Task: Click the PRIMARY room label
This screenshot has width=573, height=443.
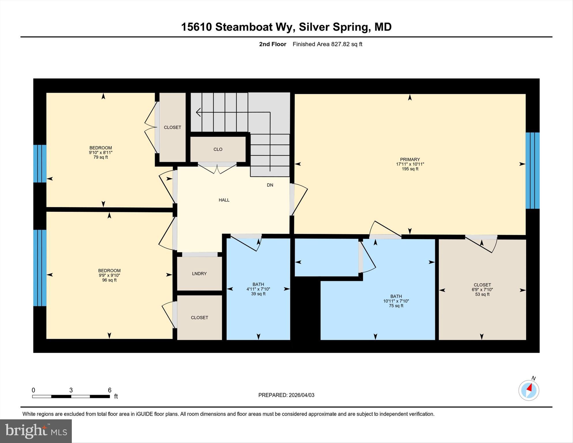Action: tap(410, 159)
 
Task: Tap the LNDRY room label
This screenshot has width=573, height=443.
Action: tap(199, 274)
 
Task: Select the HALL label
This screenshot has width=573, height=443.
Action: tap(224, 200)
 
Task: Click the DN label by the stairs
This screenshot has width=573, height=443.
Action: tap(270, 185)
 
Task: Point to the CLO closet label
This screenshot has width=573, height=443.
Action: tap(218, 149)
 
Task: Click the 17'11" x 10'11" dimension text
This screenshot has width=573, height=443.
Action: tap(410, 164)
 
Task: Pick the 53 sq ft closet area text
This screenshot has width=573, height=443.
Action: tap(482, 294)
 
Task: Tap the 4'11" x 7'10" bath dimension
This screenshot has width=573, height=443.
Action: tap(258, 289)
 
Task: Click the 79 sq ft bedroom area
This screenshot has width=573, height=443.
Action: tap(101, 157)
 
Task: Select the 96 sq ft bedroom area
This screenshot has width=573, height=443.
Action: tap(109, 280)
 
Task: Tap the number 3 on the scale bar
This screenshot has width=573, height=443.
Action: tap(71, 390)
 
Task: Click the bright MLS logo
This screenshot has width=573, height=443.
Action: tap(36, 431)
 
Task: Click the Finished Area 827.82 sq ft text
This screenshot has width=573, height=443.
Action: tap(327, 44)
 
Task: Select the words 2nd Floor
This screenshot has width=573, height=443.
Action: tap(273, 44)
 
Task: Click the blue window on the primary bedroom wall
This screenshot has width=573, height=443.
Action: tap(532, 170)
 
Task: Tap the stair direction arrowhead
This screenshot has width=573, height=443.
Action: tap(198, 112)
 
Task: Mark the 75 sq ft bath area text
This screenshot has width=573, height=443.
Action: tap(396, 306)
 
